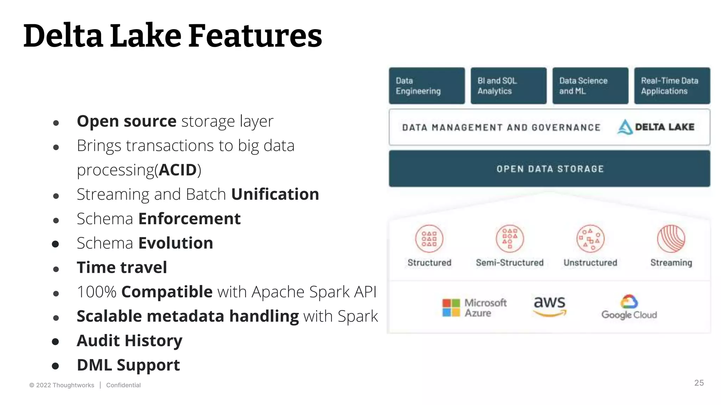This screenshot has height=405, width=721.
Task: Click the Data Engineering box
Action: coord(427,86)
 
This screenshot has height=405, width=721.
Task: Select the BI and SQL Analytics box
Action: coord(508,86)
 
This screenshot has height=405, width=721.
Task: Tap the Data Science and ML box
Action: coord(590,86)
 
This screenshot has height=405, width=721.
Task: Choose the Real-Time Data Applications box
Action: coord(672,86)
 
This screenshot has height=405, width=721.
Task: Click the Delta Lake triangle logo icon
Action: coord(625,127)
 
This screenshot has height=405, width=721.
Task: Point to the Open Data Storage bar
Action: coord(549,169)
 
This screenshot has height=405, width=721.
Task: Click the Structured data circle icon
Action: coord(429,239)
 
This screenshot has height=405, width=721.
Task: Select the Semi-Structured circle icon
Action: coord(510,239)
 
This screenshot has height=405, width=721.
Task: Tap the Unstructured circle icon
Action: coord(590,239)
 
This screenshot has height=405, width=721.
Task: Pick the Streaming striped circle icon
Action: coord(671,239)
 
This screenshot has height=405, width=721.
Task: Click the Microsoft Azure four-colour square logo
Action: coord(451,308)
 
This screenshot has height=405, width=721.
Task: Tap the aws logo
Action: coord(550,306)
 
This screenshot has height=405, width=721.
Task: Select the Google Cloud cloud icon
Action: coord(629,301)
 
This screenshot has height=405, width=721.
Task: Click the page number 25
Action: coord(699,383)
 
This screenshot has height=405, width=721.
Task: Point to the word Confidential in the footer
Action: coord(123,385)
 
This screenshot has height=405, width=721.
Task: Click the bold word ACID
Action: coord(178,170)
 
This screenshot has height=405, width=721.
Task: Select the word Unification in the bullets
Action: coord(275,194)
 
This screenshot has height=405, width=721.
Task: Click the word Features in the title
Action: coord(255,36)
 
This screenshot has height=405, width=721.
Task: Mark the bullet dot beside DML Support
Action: coord(55,366)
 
